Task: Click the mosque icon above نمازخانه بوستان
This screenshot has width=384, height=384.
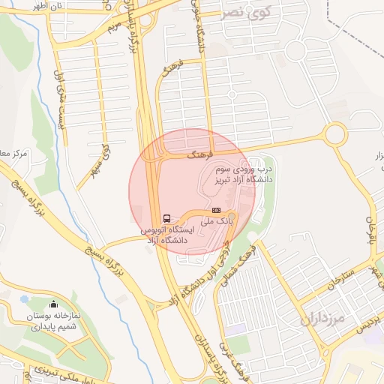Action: [52, 304]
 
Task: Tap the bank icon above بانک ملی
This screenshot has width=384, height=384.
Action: [216, 211]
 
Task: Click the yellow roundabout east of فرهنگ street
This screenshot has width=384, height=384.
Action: [335, 135]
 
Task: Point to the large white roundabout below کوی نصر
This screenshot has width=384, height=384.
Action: [295, 49]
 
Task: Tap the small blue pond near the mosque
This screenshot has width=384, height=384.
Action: [25, 298]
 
